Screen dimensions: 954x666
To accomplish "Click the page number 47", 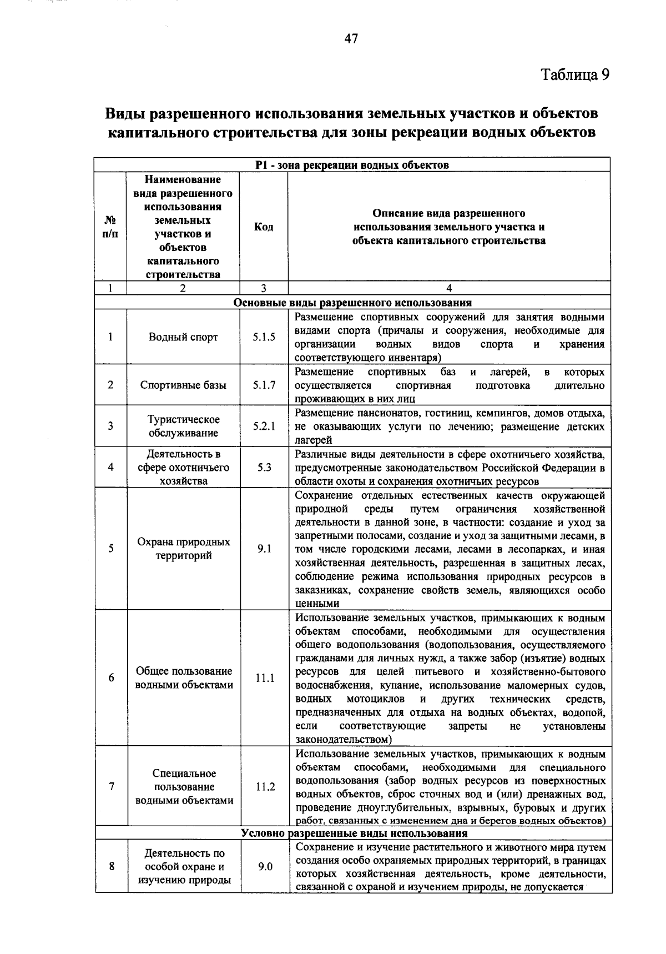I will [x=351, y=38].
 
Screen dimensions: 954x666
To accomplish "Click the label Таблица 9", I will [x=575, y=74].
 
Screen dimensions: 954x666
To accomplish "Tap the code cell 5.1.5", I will [x=264, y=337].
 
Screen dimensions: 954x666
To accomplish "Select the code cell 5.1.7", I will [x=264, y=385].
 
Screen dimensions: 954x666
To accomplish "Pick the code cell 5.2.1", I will [x=264, y=426].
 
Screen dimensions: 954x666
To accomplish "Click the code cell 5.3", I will [x=264, y=467].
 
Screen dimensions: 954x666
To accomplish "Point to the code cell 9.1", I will [x=264, y=549].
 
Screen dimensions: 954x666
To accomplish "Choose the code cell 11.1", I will [x=264, y=677].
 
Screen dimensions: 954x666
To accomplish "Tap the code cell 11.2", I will [x=264, y=786].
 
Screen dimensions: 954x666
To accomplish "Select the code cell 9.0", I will [x=264, y=866].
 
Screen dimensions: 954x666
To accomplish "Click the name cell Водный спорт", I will [x=183, y=337].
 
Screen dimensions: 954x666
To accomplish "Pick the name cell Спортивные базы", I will [x=183, y=385].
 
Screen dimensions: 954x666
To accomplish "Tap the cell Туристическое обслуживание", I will [x=183, y=426].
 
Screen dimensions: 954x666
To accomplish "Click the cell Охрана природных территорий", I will [x=183, y=549].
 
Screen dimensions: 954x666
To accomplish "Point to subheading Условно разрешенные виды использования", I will [x=353, y=833].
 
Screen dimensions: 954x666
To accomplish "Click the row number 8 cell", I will [x=112, y=866].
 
